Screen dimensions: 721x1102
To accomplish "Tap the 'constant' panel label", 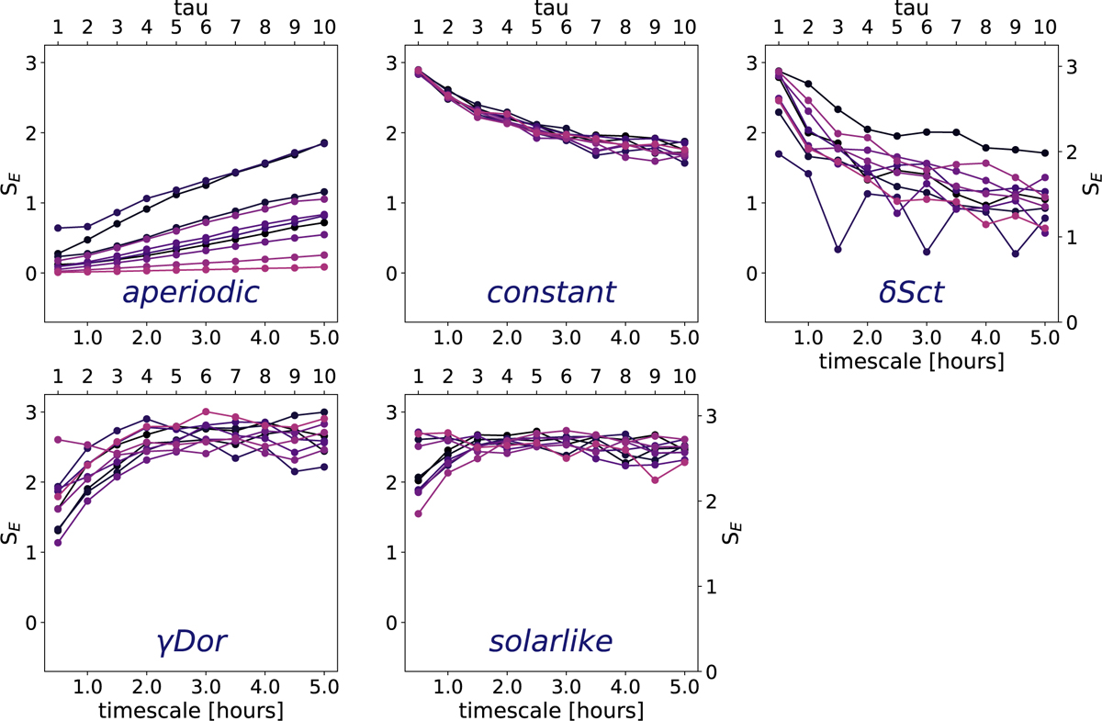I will click(551, 294).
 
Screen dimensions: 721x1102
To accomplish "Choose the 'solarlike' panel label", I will click(549, 642).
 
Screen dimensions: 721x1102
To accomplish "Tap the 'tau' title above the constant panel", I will click(551, 9).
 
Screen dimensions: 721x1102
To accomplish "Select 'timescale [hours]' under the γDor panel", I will click(191, 709).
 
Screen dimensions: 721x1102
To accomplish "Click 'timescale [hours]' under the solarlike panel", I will click(551, 709).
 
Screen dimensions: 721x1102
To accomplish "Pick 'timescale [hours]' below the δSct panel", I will click(912, 362).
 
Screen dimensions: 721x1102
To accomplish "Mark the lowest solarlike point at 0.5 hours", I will click(419, 513).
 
